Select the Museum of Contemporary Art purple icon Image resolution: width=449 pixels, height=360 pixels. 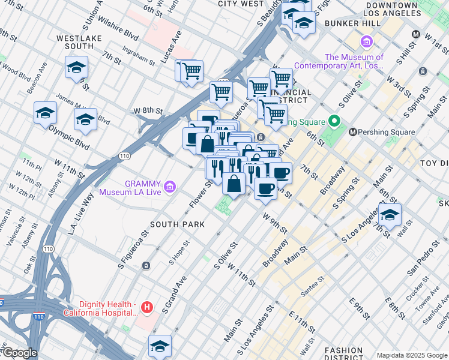[x=367, y=42]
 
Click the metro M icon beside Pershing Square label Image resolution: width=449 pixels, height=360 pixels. [x=353, y=132]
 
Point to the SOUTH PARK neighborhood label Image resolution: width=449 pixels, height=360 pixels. [x=177, y=224]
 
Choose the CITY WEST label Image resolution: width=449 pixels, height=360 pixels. [x=240, y=4]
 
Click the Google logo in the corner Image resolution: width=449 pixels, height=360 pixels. [x=19, y=353]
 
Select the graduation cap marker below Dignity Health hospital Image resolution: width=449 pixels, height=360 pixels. [x=160, y=346]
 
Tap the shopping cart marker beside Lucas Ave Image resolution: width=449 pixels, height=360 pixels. [x=191, y=71]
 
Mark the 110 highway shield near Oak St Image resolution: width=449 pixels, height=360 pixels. [x=48, y=248]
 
